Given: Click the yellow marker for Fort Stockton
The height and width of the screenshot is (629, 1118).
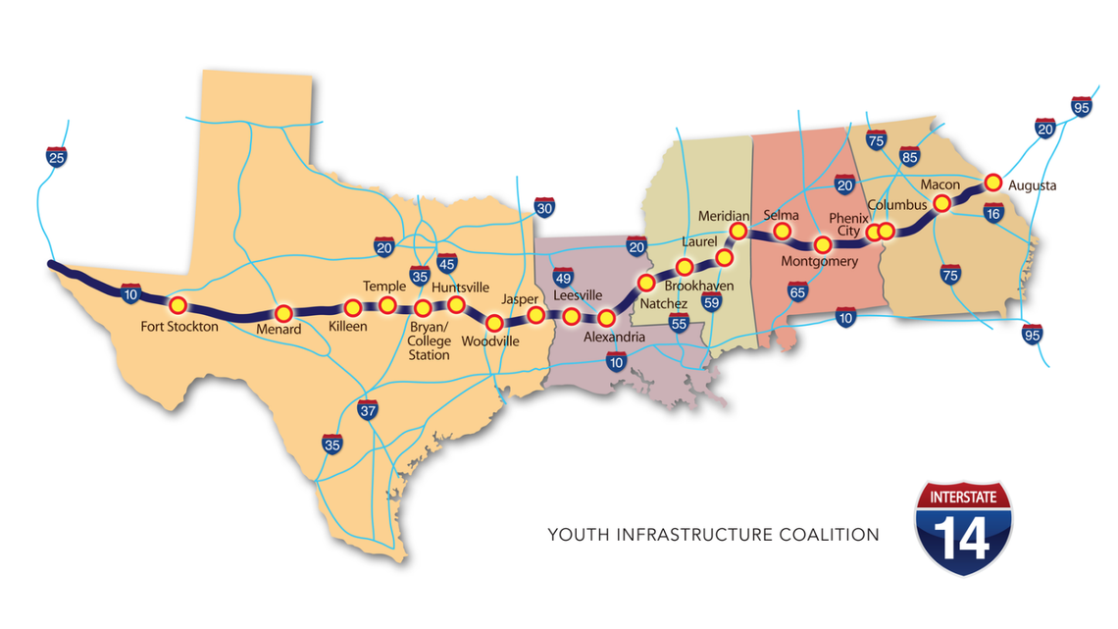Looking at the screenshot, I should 178,304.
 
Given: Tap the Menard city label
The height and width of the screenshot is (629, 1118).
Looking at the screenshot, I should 279,330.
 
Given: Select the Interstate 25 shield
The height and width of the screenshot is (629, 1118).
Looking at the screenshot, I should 56,156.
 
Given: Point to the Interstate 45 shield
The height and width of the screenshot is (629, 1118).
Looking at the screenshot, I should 446,263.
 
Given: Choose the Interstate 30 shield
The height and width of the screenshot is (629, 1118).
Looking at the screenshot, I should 545,208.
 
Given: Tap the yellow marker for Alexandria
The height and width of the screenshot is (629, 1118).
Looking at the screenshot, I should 606,318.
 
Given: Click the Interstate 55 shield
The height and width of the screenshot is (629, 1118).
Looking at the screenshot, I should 678,322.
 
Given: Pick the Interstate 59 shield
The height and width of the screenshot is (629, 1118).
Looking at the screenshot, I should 712,302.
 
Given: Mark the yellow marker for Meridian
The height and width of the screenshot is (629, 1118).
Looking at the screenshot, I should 738,231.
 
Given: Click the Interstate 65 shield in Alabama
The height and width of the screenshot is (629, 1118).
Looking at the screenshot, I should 798,290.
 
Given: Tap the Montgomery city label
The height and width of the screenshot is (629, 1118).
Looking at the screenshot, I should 819,261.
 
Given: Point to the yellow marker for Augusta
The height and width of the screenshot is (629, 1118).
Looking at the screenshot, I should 992,182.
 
